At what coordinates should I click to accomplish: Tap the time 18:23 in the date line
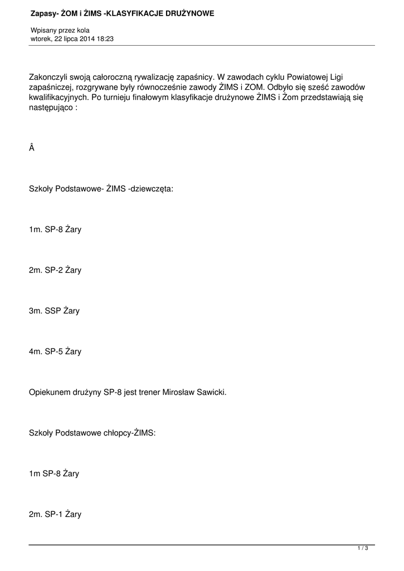coord(105,39)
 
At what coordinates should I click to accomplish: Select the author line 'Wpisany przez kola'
coord(60,30)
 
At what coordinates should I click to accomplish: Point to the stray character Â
coord(31,148)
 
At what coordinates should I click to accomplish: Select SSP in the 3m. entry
coord(53,311)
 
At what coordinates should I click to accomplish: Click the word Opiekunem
coord(50,392)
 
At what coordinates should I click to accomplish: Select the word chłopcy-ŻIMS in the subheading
coord(133,433)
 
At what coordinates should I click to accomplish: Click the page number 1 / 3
coord(363,549)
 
